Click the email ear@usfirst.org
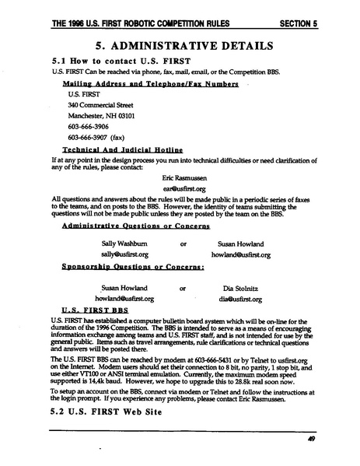(183, 188)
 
